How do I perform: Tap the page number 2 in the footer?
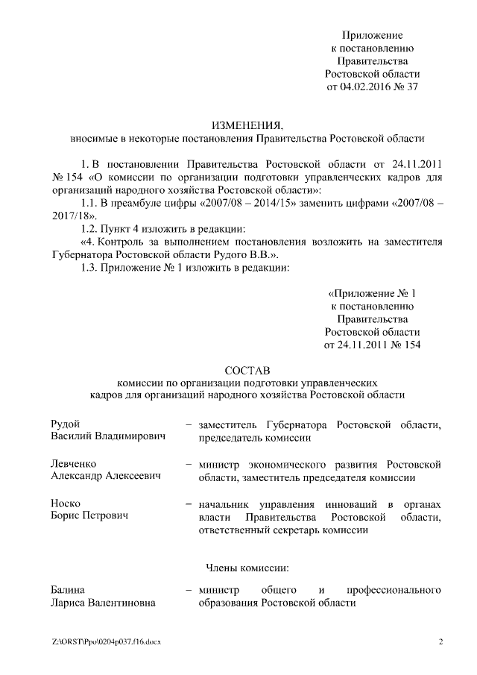coord(440,641)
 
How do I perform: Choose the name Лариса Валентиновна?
coord(107,603)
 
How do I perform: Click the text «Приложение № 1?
coord(372,293)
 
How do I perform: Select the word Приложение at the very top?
coord(372,35)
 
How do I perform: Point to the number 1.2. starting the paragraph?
coord(89,228)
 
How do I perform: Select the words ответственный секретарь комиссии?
coord(282,530)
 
